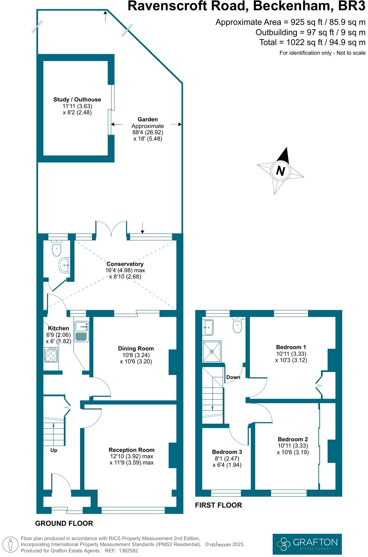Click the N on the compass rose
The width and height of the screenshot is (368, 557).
pos(280,171)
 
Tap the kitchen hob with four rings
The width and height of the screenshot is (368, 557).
pos(51,355)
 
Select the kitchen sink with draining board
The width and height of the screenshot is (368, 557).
pos(81,331)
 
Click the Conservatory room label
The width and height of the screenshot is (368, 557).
pos(125,264)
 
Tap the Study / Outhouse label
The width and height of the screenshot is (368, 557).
pos(77,99)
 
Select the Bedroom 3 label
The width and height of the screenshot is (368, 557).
pos(227,452)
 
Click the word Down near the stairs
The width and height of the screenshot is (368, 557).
pos(233,377)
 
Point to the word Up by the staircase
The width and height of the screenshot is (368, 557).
pos(54,450)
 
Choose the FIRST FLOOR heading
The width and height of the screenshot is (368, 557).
pos(218,505)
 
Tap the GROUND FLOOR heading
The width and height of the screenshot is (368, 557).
pos(64,524)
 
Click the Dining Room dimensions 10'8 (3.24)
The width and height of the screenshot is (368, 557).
pos(136,355)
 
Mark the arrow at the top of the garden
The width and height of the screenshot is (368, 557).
pos(105,16)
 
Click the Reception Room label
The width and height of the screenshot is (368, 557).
pos(131,450)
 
